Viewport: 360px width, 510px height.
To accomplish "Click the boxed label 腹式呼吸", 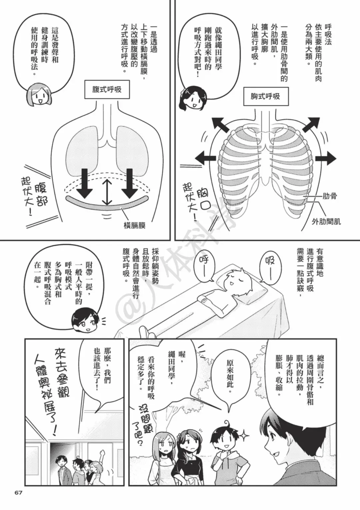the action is pos(107,89).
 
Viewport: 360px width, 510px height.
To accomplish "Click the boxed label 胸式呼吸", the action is pos(265,97).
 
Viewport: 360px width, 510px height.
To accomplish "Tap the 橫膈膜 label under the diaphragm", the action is pos(134,226).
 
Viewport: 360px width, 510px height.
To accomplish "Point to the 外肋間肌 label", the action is pos(326,221).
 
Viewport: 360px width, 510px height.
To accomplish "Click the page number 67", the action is pos(18,493).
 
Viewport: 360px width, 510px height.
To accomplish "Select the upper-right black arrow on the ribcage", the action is pos(311,126).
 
